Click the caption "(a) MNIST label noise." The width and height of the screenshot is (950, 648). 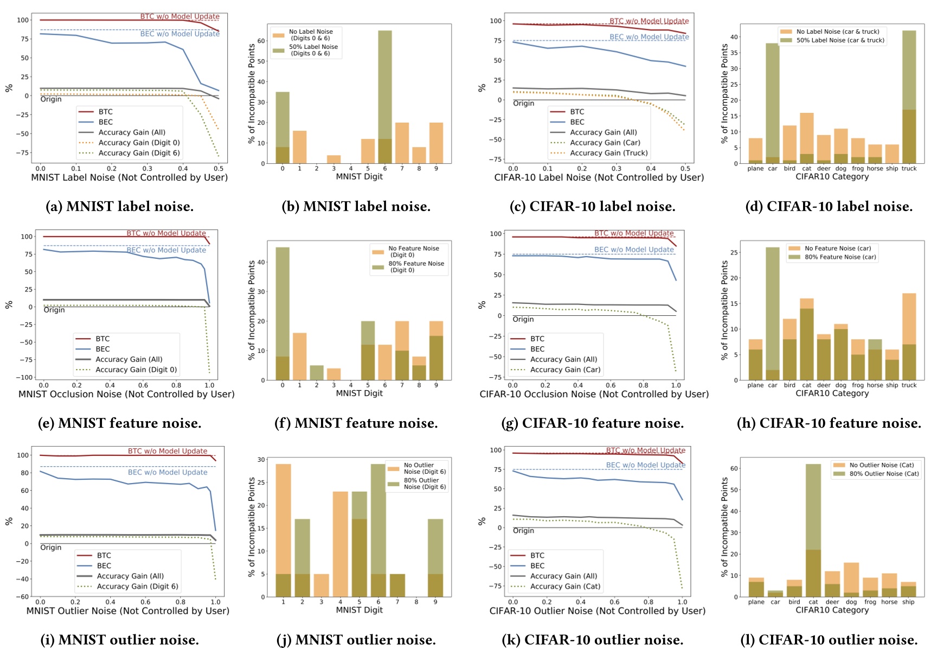click(119, 207)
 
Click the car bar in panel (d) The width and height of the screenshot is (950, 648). click(773, 103)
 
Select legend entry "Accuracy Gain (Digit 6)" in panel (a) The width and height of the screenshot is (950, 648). click(139, 153)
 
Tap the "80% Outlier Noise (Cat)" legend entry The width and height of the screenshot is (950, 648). click(884, 474)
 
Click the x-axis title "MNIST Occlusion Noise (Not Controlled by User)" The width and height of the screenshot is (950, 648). click(126, 394)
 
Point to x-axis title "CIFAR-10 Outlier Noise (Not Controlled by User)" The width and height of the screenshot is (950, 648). click(597, 611)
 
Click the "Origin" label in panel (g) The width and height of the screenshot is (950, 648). click(523, 319)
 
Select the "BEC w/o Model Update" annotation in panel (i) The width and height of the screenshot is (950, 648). click(168, 472)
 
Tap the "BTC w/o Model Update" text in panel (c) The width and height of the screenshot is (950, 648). click(649, 21)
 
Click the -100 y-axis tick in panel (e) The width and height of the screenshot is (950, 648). click(27, 377)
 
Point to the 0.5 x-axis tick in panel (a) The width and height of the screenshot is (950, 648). click(219, 169)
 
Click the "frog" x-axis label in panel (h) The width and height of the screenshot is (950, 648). click(858, 385)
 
